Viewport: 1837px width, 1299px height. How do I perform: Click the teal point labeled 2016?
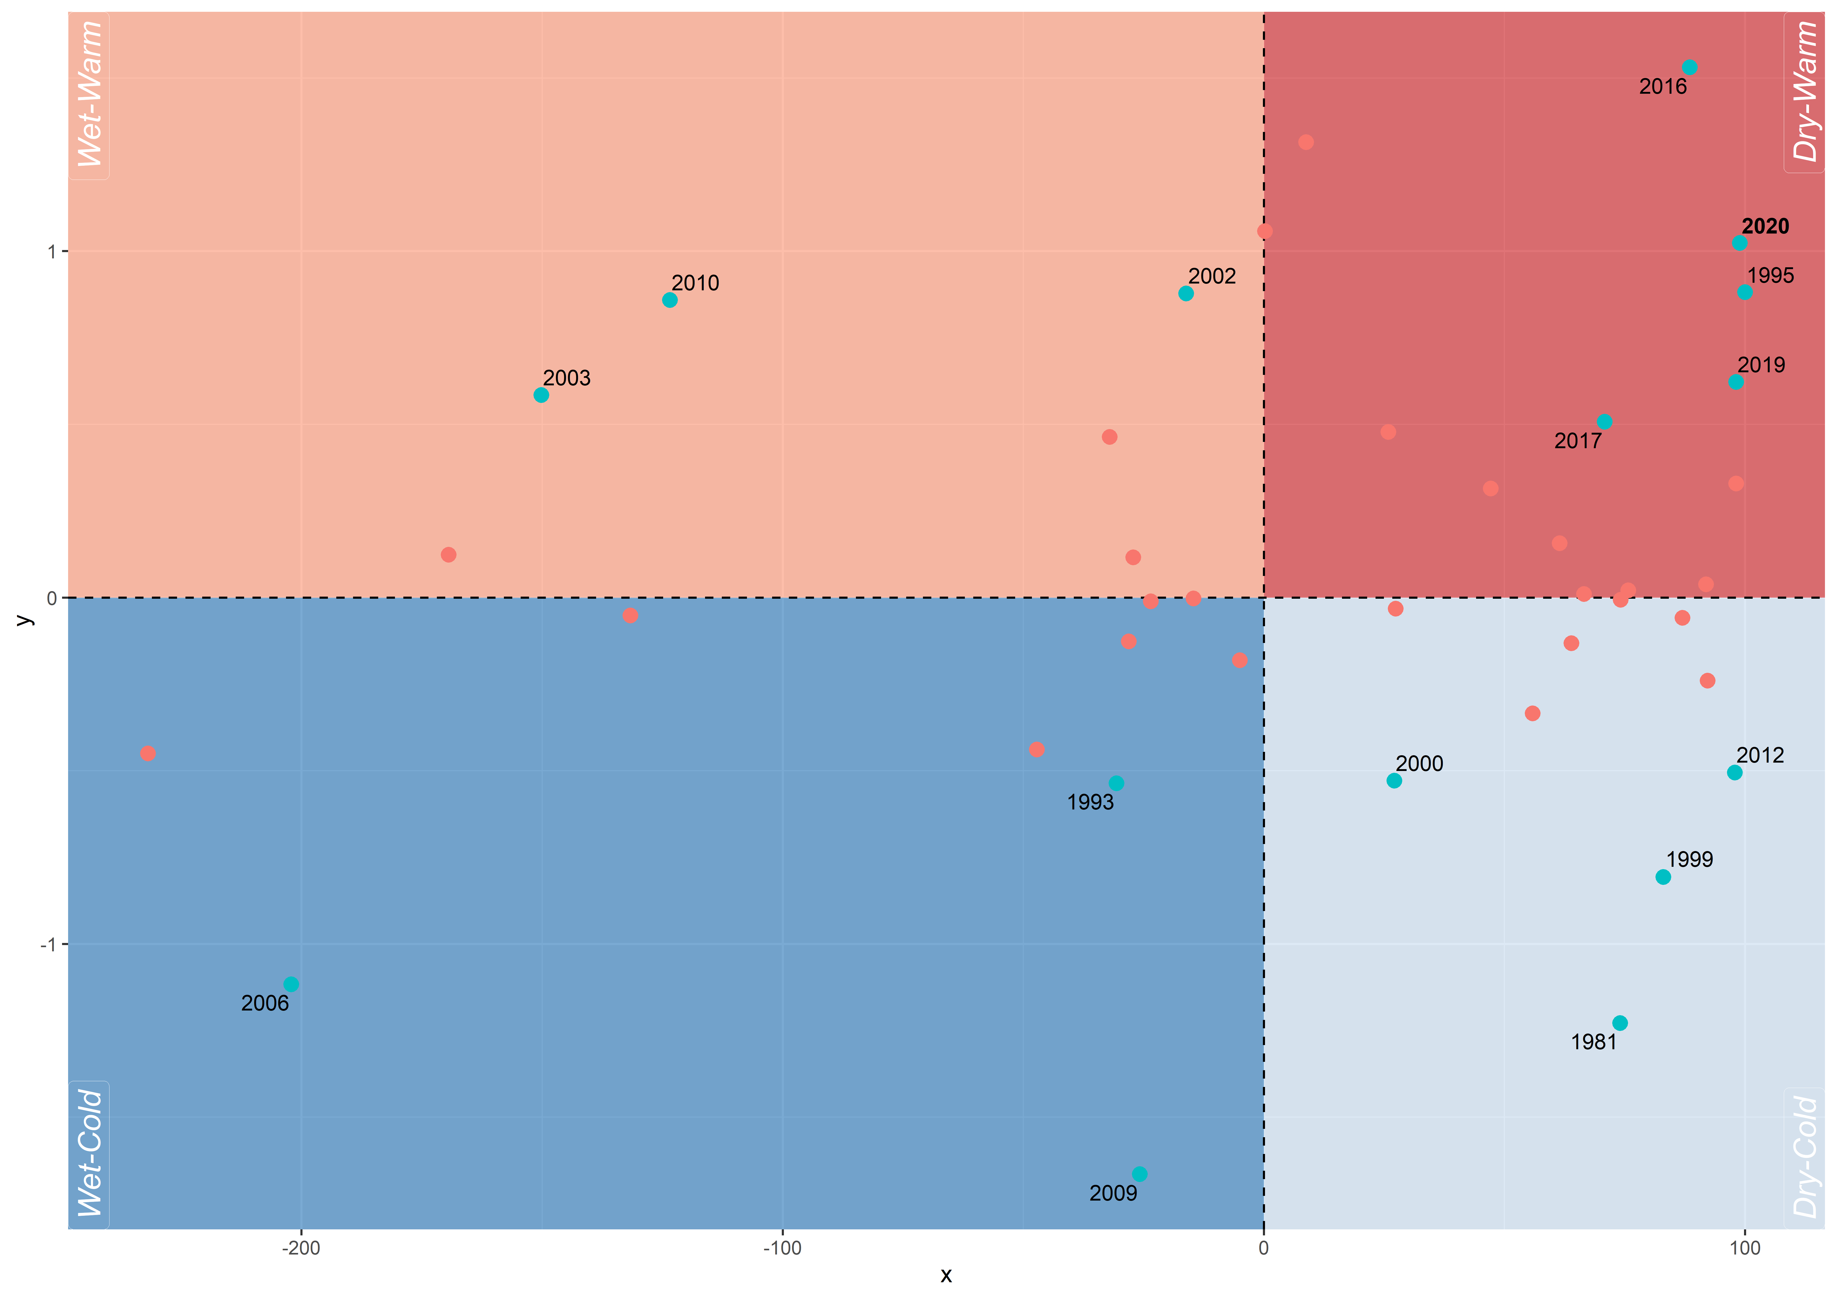1690,67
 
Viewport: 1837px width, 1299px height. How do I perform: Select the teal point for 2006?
291,984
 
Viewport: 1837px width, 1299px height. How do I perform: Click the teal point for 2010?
670,300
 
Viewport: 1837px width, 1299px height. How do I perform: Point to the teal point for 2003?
541,395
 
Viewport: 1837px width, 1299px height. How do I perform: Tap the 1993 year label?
1090,802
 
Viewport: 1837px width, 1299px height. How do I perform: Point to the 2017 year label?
1578,441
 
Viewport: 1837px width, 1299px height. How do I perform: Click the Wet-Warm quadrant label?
90,95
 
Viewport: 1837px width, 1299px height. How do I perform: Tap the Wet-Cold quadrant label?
90,1152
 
